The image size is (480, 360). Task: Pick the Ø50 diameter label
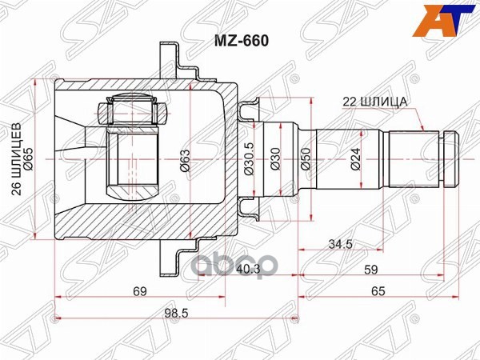point(306,159)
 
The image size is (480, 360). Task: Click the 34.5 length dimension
point(341,244)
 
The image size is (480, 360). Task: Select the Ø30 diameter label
point(276,159)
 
